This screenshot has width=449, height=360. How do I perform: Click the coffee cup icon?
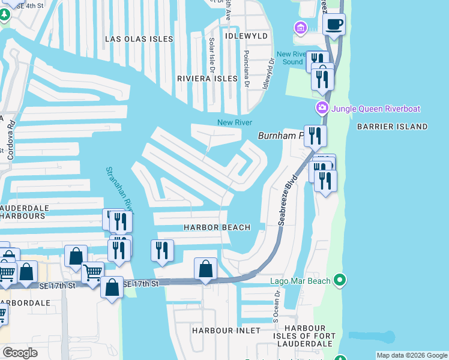tap(334, 25)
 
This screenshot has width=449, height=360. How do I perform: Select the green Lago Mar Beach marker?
tap(340, 280)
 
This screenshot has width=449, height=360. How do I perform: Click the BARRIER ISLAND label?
tap(392, 127)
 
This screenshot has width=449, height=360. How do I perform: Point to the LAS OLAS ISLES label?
tap(139, 39)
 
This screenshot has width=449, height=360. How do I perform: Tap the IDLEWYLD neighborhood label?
tap(245, 36)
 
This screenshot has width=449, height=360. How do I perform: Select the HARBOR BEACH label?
tap(217, 227)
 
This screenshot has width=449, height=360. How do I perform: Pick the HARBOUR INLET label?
tap(226, 331)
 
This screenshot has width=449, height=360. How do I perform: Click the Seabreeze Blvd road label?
tap(288, 200)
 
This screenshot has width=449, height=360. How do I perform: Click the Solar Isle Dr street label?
tap(211, 53)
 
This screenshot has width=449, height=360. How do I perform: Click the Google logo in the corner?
tap(20, 353)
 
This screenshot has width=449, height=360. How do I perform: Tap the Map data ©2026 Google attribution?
tap(411, 355)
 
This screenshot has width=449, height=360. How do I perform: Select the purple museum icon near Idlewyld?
tap(300, 28)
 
